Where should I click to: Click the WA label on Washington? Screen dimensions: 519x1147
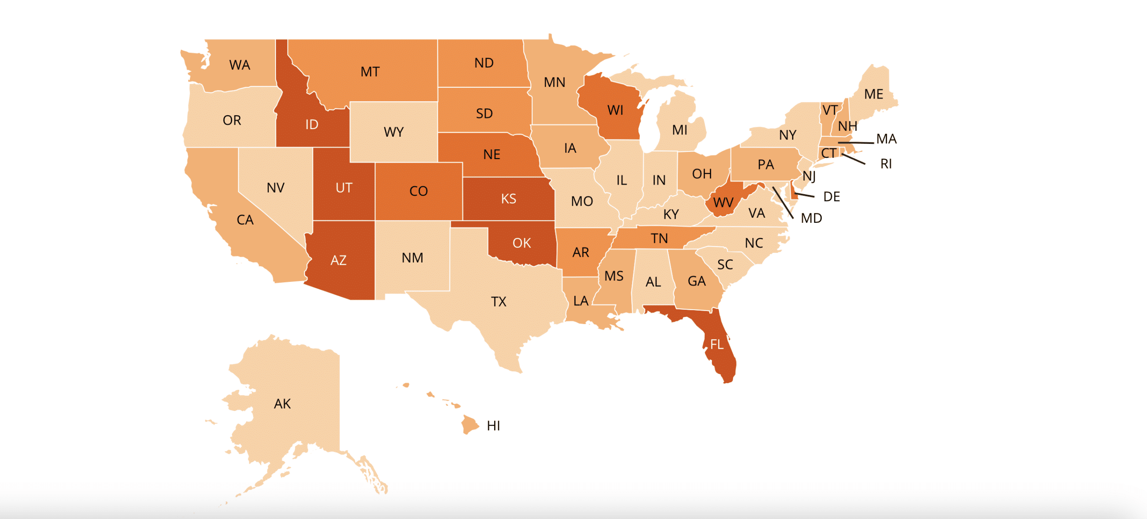click(239, 65)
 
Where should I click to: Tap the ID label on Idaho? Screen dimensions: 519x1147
click(312, 125)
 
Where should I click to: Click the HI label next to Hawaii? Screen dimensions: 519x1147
click(493, 426)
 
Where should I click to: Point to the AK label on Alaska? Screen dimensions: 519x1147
click(282, 404)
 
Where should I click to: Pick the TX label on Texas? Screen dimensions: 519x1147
click(499, 302)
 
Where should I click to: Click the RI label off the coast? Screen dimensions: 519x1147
click(886, 164)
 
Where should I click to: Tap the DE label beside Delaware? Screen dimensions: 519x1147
click(831, 197)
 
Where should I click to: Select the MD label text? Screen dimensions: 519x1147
click(811, 218)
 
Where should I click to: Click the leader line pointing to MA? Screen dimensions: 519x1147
click(856, 143)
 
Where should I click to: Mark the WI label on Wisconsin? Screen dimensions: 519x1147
click(615, 110)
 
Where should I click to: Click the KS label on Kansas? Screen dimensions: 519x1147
click(509, 199)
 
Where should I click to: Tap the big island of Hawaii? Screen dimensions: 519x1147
click(469, 424)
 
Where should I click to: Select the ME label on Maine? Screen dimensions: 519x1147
click(873, 94)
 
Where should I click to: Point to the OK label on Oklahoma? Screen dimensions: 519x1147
click(522, 243)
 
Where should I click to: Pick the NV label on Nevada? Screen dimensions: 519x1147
click(276, 187)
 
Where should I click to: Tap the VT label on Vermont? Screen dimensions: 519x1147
click(830, 110)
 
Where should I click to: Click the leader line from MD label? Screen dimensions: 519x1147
click(783, 203)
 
